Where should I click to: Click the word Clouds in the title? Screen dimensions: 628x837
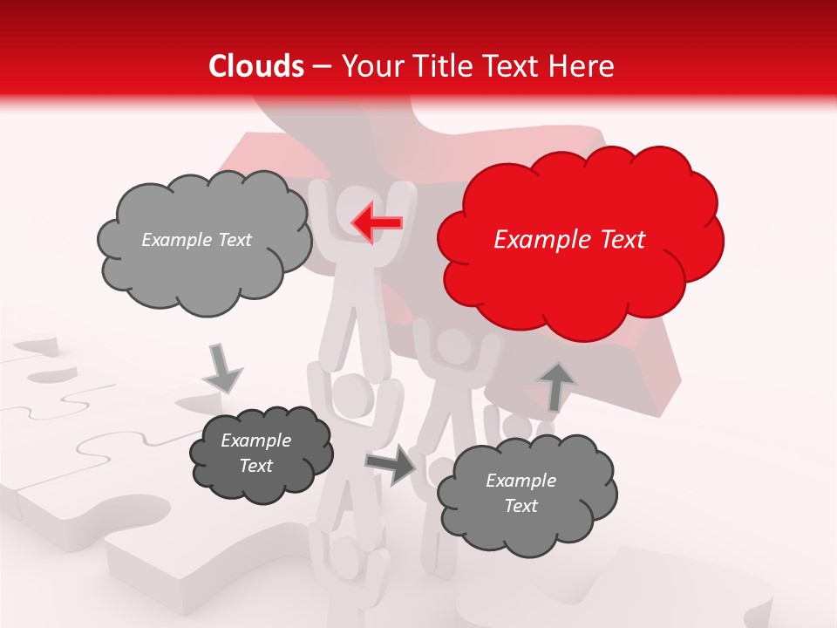point(256,66)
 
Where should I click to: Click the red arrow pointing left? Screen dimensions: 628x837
point(377,222)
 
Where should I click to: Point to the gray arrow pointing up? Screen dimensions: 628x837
point(558,386)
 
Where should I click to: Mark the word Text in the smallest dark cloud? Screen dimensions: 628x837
point(256,466)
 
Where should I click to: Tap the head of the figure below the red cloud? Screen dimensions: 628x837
point(454,347)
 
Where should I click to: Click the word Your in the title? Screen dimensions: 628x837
point(367,66)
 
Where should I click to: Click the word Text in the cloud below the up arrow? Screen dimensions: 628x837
point(521,506)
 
